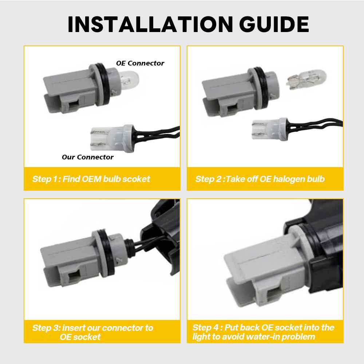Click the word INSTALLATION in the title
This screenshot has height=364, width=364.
click(x=150, y=24)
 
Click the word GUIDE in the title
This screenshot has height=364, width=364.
click(x=274, y=24)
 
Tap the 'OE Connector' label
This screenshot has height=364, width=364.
click(x=140, y=63)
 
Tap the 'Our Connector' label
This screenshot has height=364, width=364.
click(x=87, y=157)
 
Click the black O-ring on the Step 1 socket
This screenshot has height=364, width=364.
click(x=104, y=85)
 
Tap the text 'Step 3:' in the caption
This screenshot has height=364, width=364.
click(x=47, y=328)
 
